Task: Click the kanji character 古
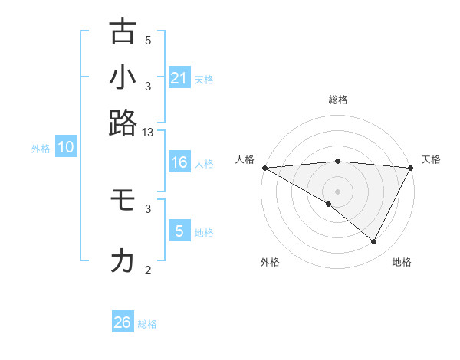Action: (123, 31)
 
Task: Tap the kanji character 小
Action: (123, 77)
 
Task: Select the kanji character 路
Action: (123, 123)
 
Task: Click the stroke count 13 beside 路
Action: (147, 133)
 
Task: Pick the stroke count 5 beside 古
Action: (148, 41)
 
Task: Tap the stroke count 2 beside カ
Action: (148, 270)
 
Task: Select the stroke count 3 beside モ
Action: (148, 208)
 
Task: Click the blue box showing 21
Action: (179, 78)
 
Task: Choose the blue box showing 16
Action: (179, 162)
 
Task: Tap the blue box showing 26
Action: (123, 322)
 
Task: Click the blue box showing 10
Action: (66, 148)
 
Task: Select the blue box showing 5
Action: (179, 231)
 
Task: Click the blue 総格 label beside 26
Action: (147, 324)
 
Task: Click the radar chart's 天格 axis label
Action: (431, 159)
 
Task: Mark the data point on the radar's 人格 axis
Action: (264, 168)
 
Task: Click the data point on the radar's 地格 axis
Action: (374, 242)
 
